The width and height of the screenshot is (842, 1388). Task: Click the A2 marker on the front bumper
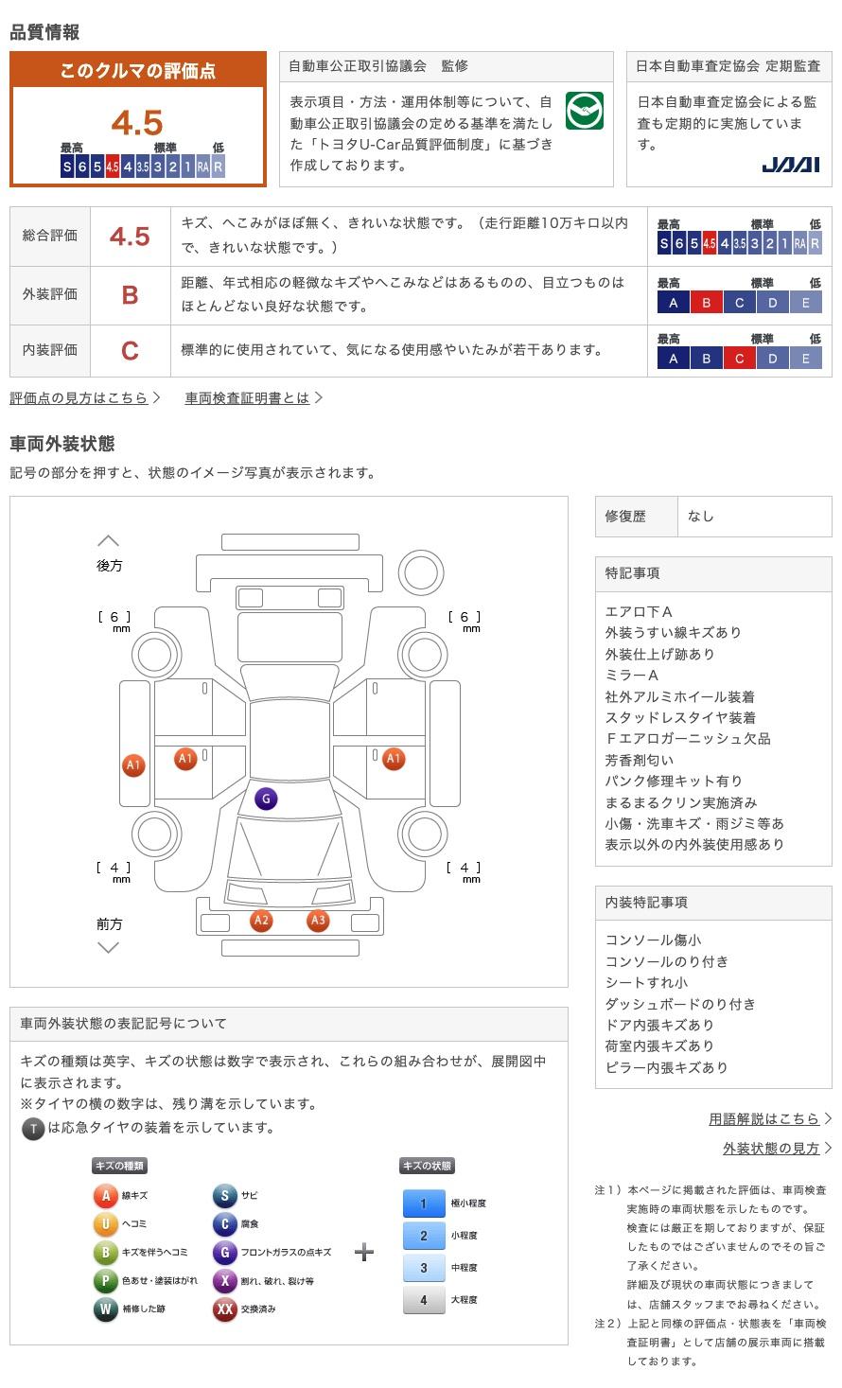(261, 920)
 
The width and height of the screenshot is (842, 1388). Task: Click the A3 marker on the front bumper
(318, 920)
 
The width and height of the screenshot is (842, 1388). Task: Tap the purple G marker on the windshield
(266, 799)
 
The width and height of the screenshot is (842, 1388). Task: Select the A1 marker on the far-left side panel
(133, 765)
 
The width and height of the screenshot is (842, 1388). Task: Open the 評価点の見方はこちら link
(79, 398)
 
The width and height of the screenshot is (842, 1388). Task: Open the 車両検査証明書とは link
(248, 398)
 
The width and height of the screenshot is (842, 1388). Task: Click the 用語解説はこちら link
(763, 1119)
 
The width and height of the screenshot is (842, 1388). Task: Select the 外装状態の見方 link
(771, 1148)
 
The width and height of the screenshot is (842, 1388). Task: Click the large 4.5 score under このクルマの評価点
(137, 122)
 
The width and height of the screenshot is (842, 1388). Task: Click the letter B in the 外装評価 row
(130, 294)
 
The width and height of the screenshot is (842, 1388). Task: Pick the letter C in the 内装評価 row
(130, 351)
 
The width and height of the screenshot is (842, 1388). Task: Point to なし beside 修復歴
(701, 517)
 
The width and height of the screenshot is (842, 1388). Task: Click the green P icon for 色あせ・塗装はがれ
(105, 1280)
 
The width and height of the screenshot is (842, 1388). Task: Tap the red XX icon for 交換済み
(224, 1309)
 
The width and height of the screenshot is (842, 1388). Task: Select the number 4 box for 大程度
(423, 1300)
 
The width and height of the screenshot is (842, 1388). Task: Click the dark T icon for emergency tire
(33, 1128)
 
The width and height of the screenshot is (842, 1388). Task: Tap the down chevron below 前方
(109, 947)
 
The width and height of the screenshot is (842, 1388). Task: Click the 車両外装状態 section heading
(61, 443)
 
